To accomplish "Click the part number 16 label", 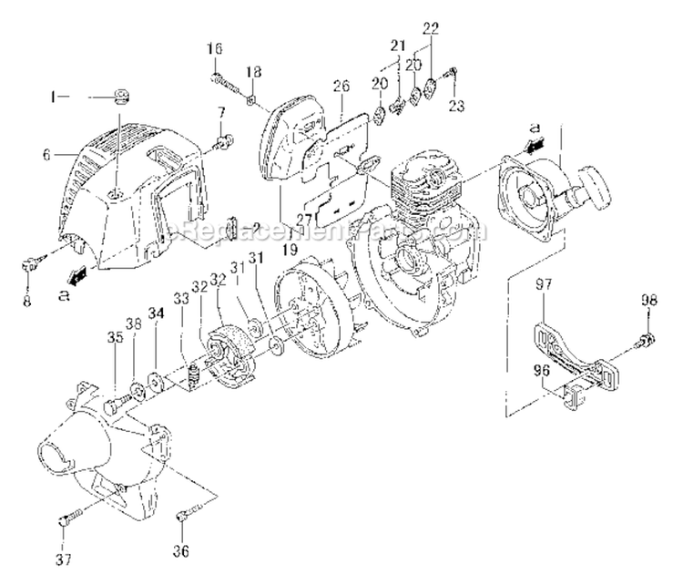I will pos(214,48).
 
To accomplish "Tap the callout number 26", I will pos(341,87).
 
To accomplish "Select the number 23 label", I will pos(456,106).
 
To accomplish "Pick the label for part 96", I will pos(543,372).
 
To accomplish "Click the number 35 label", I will pos(116,337).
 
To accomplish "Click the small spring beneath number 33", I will pos(192,374).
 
